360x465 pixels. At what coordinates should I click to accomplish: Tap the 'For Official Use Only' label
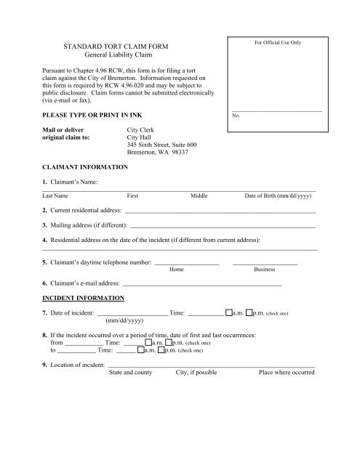pos(276,44)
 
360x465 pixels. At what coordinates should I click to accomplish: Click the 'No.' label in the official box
pos(236,116)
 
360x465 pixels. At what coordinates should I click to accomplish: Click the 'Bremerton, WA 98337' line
pos(157,153)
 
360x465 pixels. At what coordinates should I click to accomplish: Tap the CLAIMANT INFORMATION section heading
pos(85,166)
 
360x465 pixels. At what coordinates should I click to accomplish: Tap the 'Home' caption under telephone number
pos(176,269)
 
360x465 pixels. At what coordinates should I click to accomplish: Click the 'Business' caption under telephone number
pos(264,269)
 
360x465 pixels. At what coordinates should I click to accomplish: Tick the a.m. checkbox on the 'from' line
pos(148,341)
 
